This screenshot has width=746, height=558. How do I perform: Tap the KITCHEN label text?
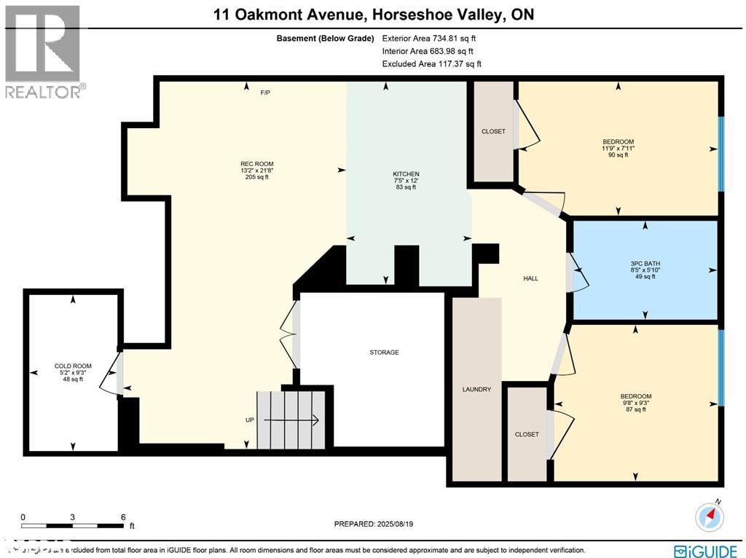coord(406,174)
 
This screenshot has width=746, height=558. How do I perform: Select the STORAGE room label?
coord(384,353)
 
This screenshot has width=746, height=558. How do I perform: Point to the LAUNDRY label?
coord(476,390)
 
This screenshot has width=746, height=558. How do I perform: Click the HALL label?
coord(530,278)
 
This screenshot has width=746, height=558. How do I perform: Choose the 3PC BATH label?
coord(645,263)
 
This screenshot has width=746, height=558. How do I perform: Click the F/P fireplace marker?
coord(266,93)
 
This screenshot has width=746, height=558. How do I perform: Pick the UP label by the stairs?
coord(250,420)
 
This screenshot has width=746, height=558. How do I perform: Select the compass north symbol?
coord(710,516)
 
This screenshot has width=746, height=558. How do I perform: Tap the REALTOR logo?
coord(43,52)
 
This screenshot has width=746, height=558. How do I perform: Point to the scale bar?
coord(73,525)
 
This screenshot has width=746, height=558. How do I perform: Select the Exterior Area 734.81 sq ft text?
coord(429,38)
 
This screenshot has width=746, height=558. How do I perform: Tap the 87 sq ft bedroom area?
coord(635,409)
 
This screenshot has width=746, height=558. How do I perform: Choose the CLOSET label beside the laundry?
coord(527,434)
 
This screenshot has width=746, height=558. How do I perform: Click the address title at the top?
coord(373,14)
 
